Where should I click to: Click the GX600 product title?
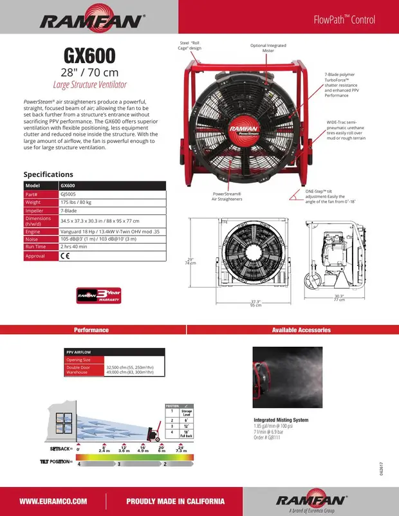tap(89, 55)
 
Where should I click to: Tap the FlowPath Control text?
tap(344, 20)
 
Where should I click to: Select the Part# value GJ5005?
tap(68, 194)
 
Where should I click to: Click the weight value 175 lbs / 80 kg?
tap(78, 202)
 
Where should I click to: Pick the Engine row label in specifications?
tap(33, 231)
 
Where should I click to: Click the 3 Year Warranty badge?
tap(98, 294)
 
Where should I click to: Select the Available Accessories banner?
tap(301, 330)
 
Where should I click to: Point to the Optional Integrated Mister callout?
tap(268, 48)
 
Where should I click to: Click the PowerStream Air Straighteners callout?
tap(227, 196)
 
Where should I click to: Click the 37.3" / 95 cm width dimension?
tap(255, 303)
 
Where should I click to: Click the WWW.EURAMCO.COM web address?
tap(53, 501)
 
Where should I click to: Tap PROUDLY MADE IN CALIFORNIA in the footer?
tap(175, 501)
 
